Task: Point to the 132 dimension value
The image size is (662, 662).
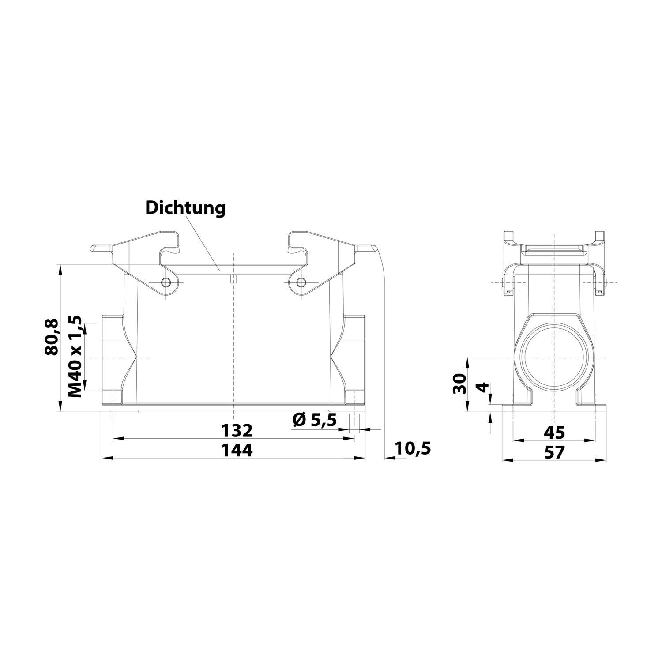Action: click(237, 430)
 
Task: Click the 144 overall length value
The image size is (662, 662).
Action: click(237, 451)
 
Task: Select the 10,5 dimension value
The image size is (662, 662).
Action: click(413, 449)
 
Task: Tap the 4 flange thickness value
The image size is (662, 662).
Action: click(483, 387)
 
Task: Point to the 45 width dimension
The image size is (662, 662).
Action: click(554, 433)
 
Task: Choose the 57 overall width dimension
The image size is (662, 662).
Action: click(554, 452)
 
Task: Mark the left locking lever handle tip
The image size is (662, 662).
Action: click(95, 248)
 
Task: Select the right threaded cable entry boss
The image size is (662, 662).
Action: click(354, 357)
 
